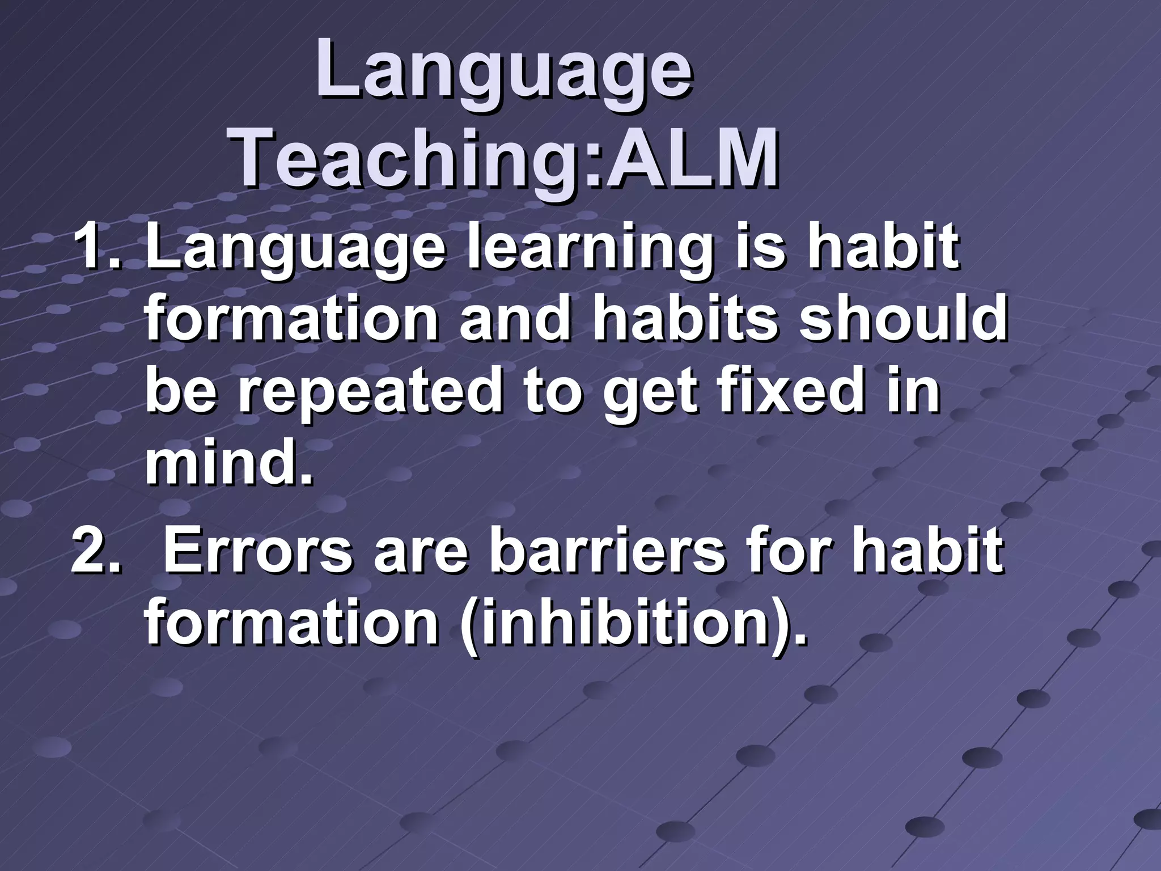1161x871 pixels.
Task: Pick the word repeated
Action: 369,391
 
